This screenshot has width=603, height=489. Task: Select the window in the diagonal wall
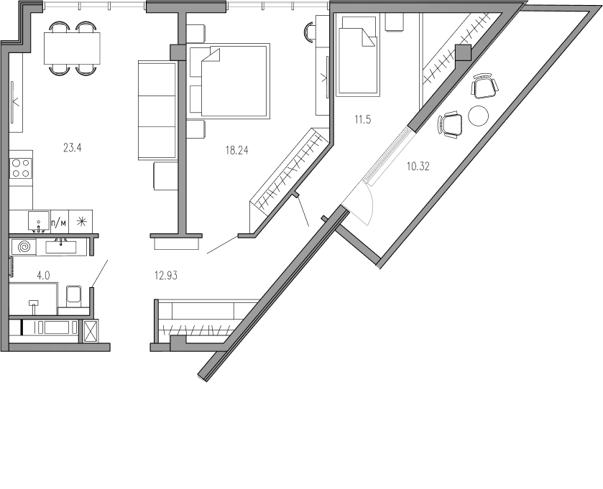(x=389, y=154)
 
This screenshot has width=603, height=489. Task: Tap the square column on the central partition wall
(x=177, y=52)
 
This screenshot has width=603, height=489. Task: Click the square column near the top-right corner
(x=462, y=52)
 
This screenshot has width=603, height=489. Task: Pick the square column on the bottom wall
(x=178, y=343)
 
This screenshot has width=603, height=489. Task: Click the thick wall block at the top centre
(x=185, y=8)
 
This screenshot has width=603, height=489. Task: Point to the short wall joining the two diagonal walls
(x=358, y=245)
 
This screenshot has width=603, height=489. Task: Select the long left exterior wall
(x=6, y=194)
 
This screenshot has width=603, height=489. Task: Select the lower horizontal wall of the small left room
(x=50, y=316)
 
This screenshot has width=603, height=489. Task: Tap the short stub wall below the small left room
(x=80, y=331)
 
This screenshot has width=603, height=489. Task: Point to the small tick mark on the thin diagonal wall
(x=294, y=193)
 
